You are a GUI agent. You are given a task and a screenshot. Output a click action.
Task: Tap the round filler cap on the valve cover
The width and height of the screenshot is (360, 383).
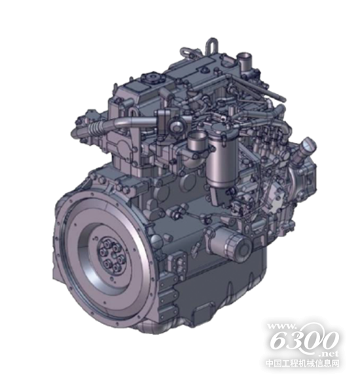click(151, 77)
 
